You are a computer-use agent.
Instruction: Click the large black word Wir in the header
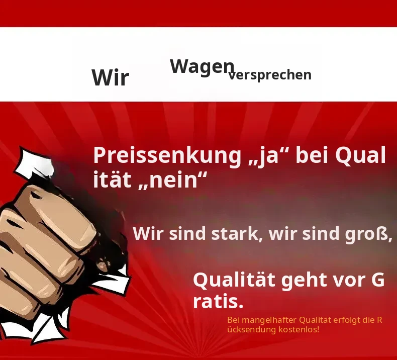[111, 77]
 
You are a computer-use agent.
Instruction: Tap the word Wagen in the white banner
[202, 67]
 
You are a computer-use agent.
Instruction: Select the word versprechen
[270, 75]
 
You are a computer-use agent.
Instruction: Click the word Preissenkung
[167, 156]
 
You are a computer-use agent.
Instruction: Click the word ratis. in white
[218, 302]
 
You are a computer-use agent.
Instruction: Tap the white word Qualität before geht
[234, 280]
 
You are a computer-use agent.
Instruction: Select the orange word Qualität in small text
[315, 320]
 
